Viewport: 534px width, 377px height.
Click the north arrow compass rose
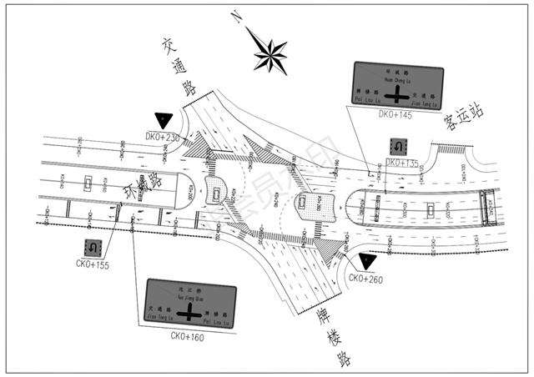tap(270, 56)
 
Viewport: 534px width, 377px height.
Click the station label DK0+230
tap(163, 136)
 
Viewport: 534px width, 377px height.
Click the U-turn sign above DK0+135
tap(399, 147)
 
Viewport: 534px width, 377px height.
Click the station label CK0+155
tap(92, 265)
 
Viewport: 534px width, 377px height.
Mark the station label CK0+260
tap(365, 278)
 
